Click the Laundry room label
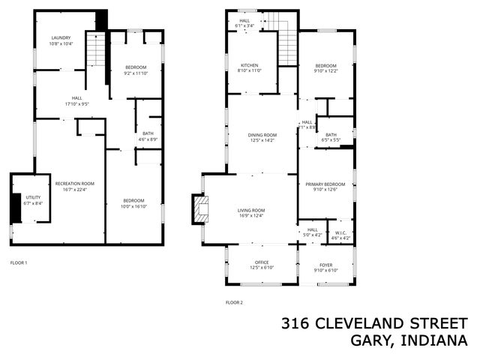click(60, 37)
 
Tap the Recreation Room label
click(75, 183)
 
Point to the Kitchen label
click(250, 65)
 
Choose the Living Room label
click(253, 210)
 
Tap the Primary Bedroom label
click(325, 184)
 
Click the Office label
click(262, 262)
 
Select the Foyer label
click(325, 264)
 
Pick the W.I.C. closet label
click(341, 232)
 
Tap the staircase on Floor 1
click(96, 51)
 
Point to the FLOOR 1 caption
click(19, 262)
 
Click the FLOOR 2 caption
click(235, 303)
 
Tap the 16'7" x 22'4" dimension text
click(75, 190)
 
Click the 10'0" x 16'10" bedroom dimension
click(133, 207)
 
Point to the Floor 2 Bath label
click(331, 135)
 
